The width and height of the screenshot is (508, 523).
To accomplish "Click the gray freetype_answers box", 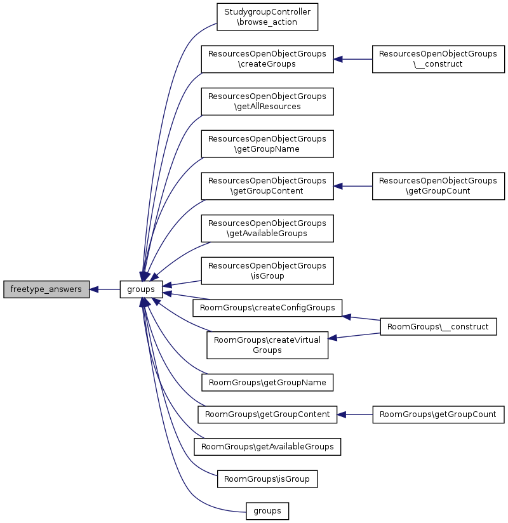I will click(46, 289).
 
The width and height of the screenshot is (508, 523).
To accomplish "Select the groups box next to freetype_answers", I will click(142, 289).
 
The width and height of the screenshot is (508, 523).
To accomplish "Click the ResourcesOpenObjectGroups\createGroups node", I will click(267, 59).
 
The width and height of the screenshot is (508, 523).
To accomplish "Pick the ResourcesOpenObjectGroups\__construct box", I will click(438, 59).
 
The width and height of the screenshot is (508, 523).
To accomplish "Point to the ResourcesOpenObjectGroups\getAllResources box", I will click(267, 101).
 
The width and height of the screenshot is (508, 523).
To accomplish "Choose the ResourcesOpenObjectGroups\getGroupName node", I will click(267, 144).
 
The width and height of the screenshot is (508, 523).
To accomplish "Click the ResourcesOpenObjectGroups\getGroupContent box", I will click(267, 186).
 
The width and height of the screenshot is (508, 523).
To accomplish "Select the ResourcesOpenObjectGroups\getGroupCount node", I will click(438, 186).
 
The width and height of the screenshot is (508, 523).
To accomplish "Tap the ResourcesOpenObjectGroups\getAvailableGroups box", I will click(267, 228).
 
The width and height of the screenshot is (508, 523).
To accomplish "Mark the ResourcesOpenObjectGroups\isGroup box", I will click(267, 270).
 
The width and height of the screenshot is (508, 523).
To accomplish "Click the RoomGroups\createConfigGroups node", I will click(267, 308).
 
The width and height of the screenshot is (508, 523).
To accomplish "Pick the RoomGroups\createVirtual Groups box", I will click(267, 345).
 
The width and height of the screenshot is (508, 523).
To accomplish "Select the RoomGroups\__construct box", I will click(438, 327).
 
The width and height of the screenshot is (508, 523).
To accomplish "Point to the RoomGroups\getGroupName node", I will click(267, 383).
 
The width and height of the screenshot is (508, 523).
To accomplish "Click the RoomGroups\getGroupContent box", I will click(267, 414).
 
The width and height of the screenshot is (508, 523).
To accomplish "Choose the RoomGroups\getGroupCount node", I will click(438, 414).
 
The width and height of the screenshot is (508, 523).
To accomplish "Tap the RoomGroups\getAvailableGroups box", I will click(267, 447).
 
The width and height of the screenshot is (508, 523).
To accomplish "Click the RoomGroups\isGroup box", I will click(267, 479).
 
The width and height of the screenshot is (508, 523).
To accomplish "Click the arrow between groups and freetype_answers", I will click(105, 289).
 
